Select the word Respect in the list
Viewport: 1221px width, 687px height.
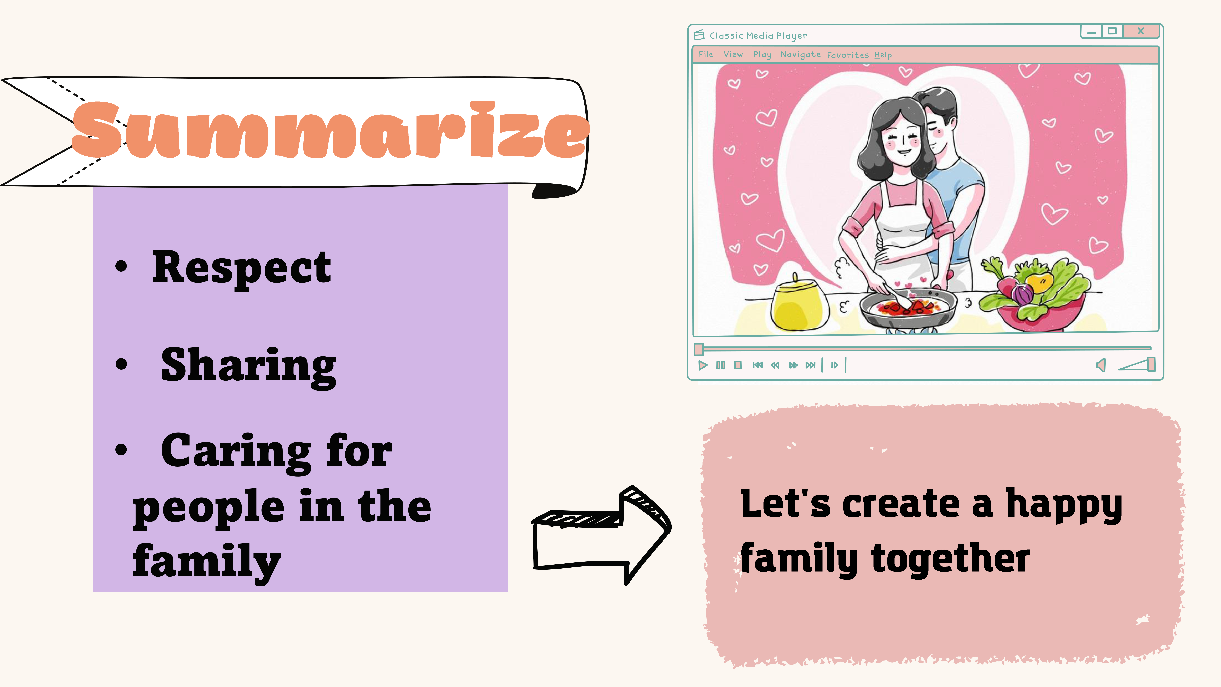coord(241,268)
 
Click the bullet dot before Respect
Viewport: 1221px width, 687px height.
coord(121,266)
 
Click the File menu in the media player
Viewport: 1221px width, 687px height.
coord(706,55)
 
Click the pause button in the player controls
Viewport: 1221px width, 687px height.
coord(720,365)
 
